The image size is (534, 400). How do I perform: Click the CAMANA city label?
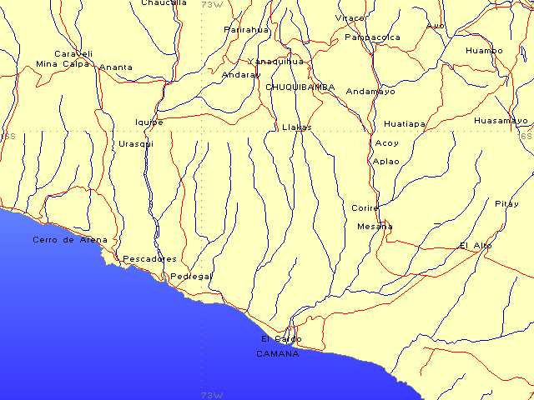277,353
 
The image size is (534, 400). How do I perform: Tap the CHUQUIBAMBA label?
300,87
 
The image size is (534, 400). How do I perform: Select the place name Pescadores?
149,258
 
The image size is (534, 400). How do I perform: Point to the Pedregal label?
190,276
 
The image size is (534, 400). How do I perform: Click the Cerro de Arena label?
70,240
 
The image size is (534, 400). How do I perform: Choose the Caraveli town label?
73,53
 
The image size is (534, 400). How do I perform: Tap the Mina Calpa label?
63,63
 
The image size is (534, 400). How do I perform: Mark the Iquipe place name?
149,122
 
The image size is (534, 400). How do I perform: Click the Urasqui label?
136,143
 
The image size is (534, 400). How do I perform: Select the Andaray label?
241,74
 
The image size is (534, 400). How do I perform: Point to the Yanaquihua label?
275,62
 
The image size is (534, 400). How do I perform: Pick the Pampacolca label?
372,37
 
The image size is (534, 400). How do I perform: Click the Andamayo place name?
370,92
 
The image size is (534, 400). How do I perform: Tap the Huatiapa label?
405,124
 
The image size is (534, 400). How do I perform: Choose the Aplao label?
386,161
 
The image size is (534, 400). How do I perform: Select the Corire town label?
365,207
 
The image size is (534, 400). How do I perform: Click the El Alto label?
476,245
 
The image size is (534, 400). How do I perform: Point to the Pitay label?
506,204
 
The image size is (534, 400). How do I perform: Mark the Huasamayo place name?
501,121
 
